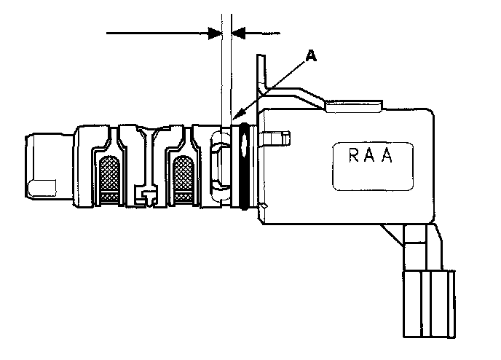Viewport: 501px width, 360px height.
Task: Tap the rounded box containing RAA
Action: coord(371,156)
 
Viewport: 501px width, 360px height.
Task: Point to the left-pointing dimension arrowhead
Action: coord(236,33)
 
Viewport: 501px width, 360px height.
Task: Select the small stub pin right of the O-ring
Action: coord(282,138)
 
